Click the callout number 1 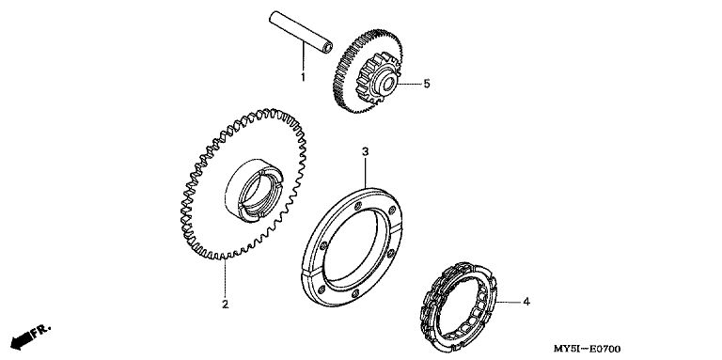pos(303,77)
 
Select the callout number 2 pos(226,305)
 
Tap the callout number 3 pos(365,151)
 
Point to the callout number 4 pos(526,302)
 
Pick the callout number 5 pos(427,84)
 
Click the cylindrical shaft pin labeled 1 pos(301,32)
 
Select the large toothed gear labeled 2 pos(243,184)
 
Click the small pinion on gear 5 pos(378,78)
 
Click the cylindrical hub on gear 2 pos(254,191)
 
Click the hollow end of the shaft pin pos(328,48)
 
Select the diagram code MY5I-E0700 pos(587,349)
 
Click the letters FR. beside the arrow pos(41,331)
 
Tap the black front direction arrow pos(22,340)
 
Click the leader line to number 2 pos(226,277)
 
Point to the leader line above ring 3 pos(365,173)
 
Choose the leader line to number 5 pos(408,84)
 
